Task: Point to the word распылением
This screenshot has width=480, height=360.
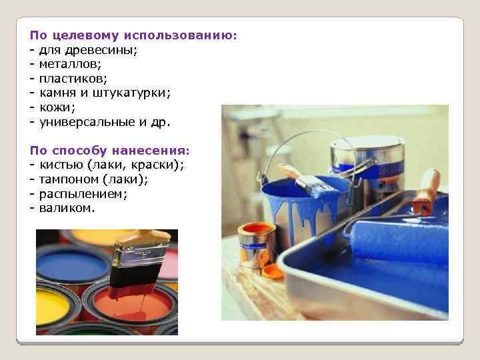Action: (x=83, y=195)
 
